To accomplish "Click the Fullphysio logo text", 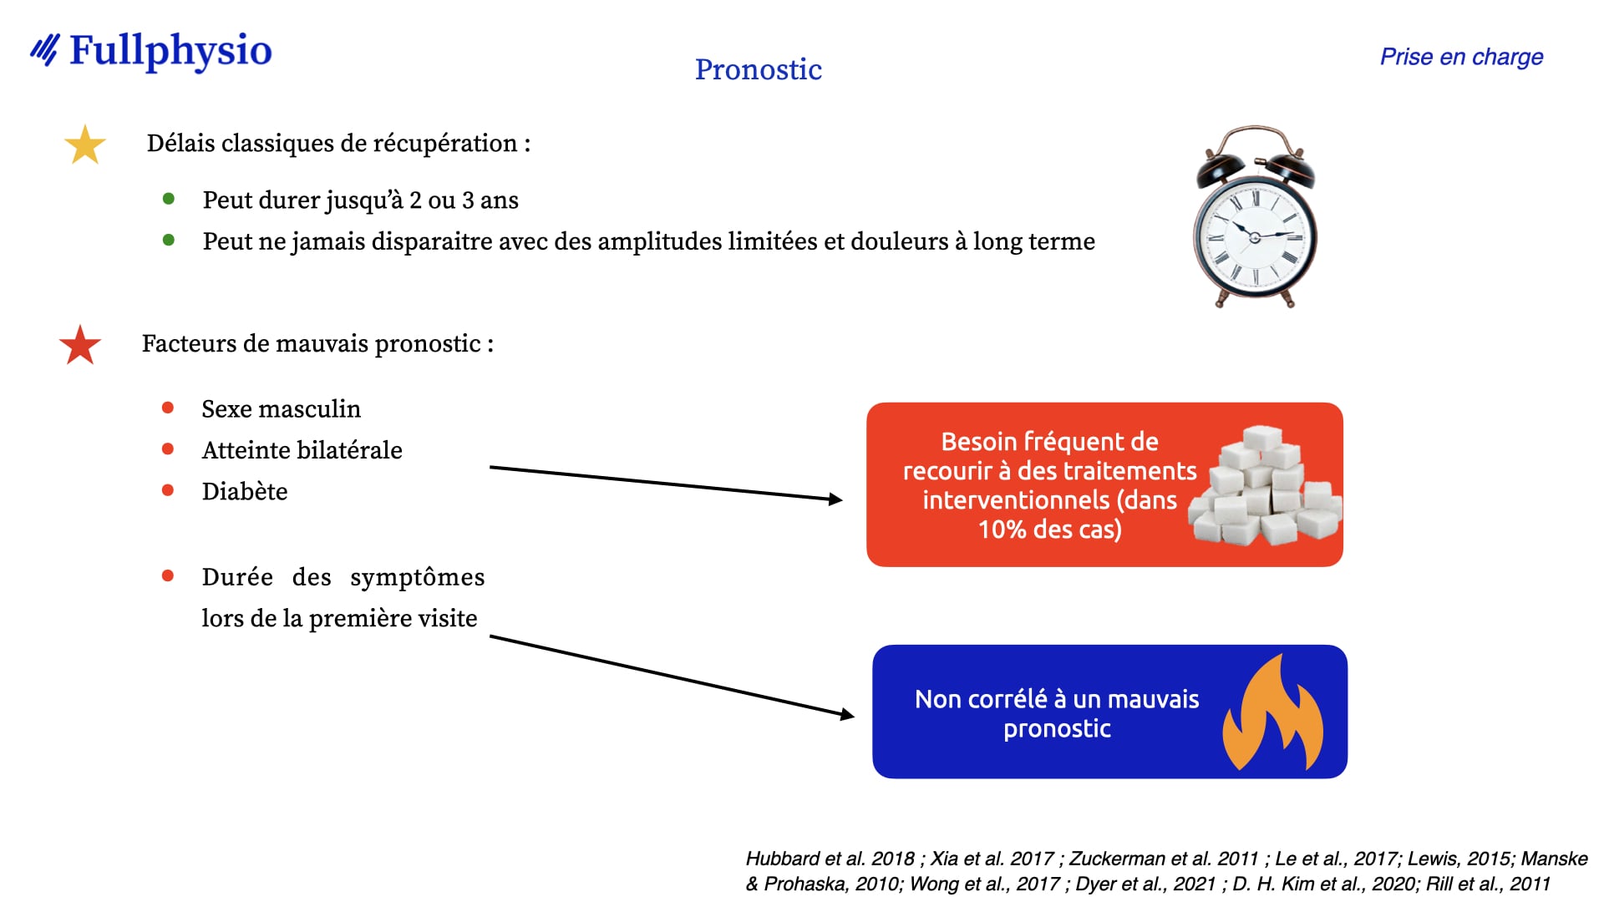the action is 170,52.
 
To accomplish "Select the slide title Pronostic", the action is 759,69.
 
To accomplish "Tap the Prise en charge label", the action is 1461,57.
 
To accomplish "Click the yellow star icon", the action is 85,144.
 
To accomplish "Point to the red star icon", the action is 80,345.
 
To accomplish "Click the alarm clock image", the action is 1255,217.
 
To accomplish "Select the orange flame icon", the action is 1273,712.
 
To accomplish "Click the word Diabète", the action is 245,491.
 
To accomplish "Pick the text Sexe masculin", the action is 282,409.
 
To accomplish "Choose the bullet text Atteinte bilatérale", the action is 302,450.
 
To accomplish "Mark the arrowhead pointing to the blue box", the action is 847,714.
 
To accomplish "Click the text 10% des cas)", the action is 1050,530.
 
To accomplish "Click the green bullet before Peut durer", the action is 169,199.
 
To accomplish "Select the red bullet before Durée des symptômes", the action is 168,575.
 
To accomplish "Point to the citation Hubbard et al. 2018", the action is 830,859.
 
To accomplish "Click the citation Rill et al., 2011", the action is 1488,884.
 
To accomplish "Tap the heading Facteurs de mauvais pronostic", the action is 317,344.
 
